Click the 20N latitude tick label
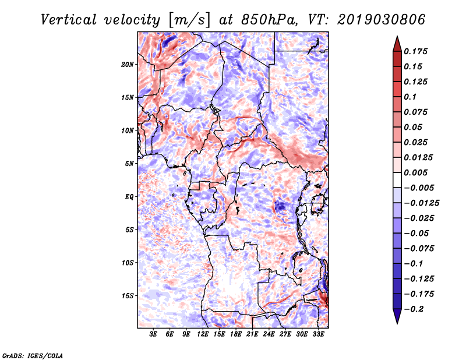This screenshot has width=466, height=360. tap(128, 65)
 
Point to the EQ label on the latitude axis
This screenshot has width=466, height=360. tap(129, 197)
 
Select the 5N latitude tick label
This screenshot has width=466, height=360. tap(129, 164)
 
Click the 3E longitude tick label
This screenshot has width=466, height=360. tap(153, 334)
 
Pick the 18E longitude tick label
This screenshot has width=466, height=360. tap(236, 334)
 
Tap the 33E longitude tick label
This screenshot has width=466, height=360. tap(318, 334)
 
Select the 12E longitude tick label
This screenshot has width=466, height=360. tap(203, 334)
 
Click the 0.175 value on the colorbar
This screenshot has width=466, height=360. tap(416, 51)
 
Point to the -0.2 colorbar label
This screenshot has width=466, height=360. tap(414, 309)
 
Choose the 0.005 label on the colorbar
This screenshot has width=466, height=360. tap(416, 172)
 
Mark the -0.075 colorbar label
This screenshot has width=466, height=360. tap(419, 249)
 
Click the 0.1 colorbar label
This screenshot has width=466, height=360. tap(411, 97)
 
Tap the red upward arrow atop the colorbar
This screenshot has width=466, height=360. tap(397, 44)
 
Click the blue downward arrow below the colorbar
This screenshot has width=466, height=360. tap(397, 316)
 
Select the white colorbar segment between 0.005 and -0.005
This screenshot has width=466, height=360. tap(397, 180)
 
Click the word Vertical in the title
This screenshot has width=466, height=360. tap(69, 20)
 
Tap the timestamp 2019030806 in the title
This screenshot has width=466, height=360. tap(382, 20)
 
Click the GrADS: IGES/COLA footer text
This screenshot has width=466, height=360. tap(33, 356)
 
